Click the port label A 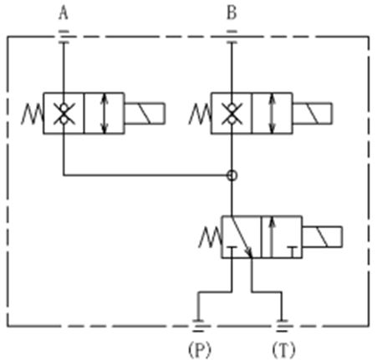(64, 13)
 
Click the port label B (232, 13)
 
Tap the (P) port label (200, 350)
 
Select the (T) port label (283, 350)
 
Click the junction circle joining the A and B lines (232, 175)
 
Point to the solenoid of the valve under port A (145, 114)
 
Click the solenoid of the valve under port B (312, 114)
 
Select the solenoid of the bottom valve (322, 236)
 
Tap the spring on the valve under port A (33, 114)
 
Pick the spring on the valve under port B (200, 114)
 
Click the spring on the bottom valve (210, 237)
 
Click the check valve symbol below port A (64, 114)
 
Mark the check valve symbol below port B (232, 114)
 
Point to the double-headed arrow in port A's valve (104, 114)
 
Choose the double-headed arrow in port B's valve (273, 114)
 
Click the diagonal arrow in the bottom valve (242, 237)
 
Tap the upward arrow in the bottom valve (273, 237)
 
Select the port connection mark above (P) (198, 326)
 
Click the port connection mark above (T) (282, 326)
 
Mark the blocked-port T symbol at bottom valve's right (293, 252)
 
